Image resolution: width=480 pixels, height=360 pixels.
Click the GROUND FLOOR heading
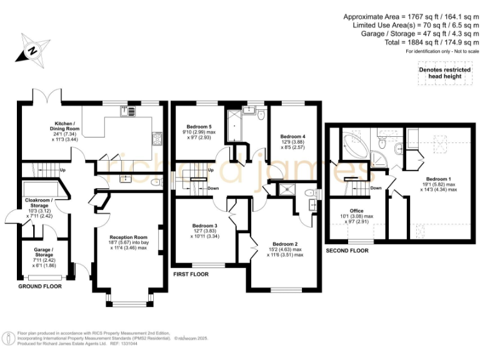pyautogui.click(x=41, y=286)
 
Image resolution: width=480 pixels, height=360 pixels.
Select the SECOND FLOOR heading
pyautogui.click(x=347, y=250)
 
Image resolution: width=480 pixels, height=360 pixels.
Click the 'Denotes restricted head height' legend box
pyautogui.click(x=444, y=73)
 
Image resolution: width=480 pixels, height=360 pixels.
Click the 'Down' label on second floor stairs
pyautogui.click(x=376, y=187)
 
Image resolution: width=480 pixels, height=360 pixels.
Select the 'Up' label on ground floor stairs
pyautogui.click(x=62, y=170)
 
